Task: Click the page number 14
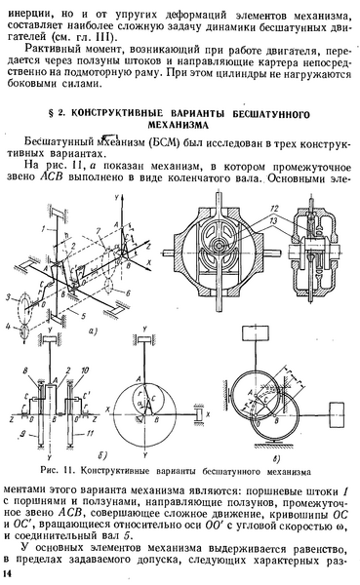[10, 576]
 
